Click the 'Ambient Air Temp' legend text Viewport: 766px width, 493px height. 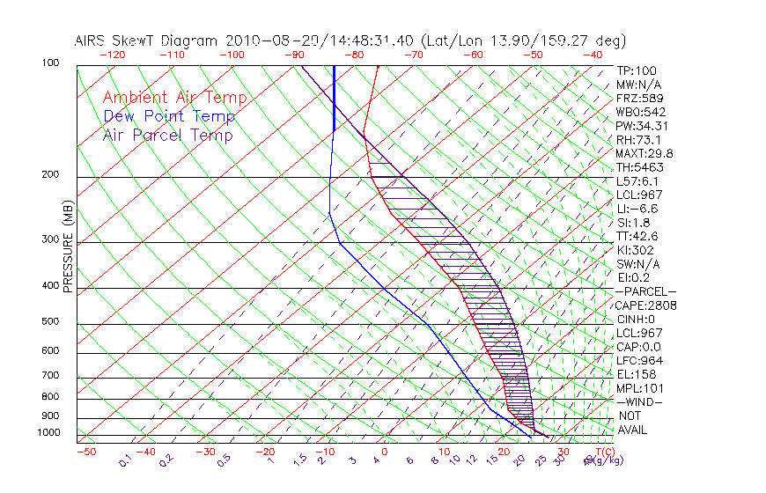pos(174,98)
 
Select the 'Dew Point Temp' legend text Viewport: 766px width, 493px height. pos(169,116)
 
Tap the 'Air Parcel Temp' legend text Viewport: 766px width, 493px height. pos(168,135)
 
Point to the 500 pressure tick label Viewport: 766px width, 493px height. pos(49,322)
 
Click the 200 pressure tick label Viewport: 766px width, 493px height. pos(49,175)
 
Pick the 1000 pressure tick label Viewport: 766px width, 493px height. pos(48,433)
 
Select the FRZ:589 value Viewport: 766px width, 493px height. pos(636,99)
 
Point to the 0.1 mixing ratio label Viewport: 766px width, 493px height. pos(126,460)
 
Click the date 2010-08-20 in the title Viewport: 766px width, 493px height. pos(263,40)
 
